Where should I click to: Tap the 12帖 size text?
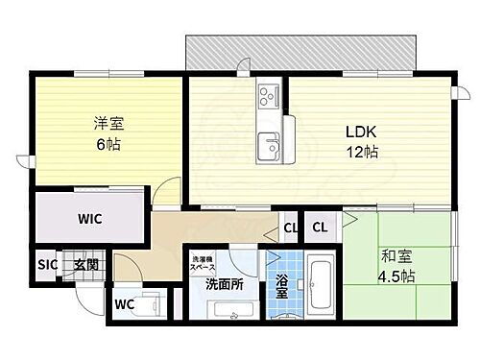361,151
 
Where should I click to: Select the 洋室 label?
108,123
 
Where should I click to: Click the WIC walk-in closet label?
90,218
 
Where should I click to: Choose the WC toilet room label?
123,305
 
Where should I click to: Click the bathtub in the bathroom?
323,286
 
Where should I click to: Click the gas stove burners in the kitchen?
268,96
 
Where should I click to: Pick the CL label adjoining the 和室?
321,228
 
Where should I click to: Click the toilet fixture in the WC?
148,305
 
